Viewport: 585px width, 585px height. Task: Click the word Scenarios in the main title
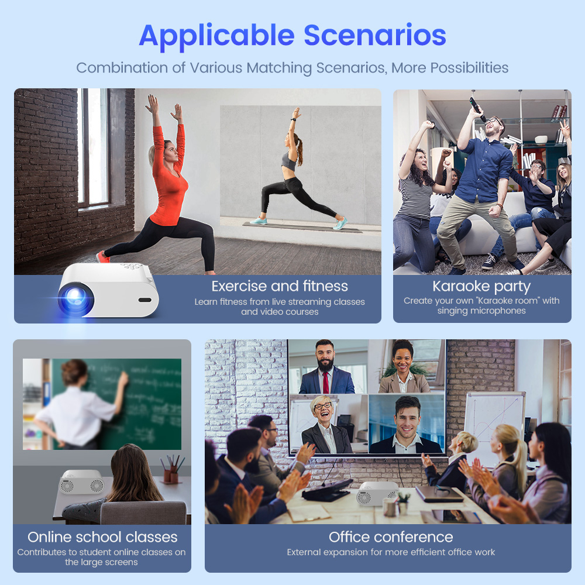[374, 35]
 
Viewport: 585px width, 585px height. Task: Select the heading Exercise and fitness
[280, 286]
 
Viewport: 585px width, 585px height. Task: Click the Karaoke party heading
[481, 287]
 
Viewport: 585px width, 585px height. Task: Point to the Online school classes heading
[102, 537]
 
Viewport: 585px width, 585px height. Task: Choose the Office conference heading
[391, 537]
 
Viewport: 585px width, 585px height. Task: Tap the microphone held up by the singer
[477, 108]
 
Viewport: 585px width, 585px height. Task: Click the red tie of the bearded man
[326, 383]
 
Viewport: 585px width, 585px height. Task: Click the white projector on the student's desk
[82, 481]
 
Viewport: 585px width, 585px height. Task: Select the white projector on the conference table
[377, 493]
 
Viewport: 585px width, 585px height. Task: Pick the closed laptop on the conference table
[439, 494]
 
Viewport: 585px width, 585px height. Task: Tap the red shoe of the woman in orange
[102, 257]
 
